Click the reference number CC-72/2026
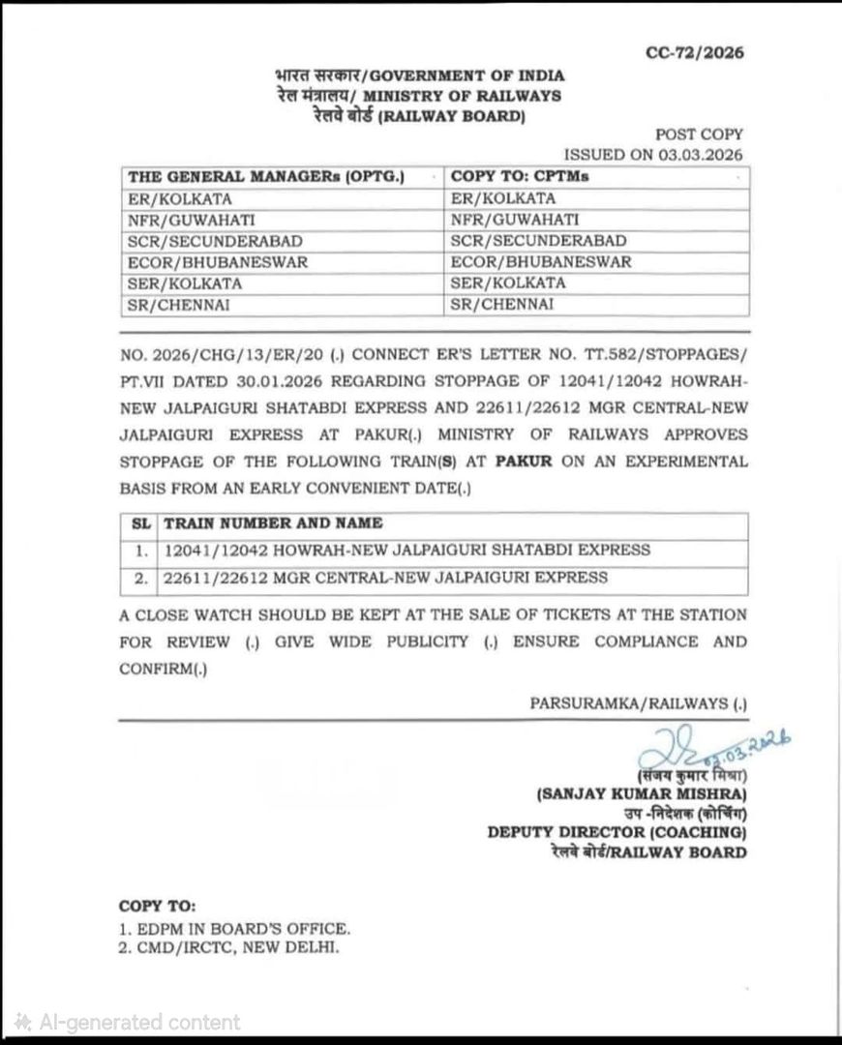tap(695, 53)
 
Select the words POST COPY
tap(700, 135)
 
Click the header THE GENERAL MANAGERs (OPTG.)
tap(266, 177)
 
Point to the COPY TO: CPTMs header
tap(521, 177)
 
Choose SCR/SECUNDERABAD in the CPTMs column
tap(539, 241)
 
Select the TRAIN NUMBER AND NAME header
tap(274, 523)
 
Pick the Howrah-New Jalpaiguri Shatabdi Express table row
tap(407, 551)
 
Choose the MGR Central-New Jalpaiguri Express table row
tap(386, 578)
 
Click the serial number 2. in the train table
tap(140, 578)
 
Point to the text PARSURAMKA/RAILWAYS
tap(638, 702)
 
